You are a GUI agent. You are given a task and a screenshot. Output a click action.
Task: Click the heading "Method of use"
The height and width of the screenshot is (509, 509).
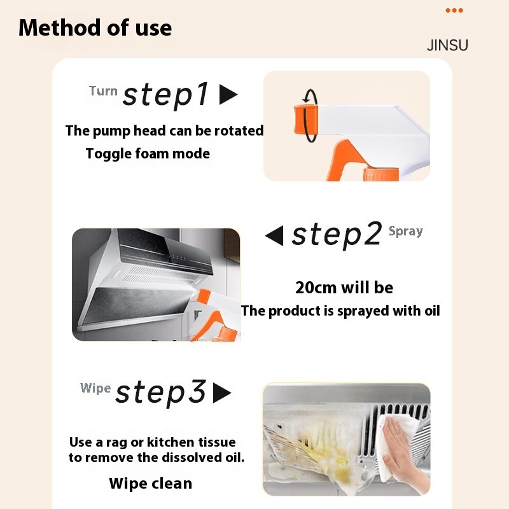pyautogui.click(x=95, y=28)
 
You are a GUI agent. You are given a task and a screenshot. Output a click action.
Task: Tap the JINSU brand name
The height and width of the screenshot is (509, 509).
pyautogui.click(x=447, y=46)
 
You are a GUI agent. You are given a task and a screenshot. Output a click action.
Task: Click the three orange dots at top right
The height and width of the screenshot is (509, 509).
pyautogui.click(x=454, y=11)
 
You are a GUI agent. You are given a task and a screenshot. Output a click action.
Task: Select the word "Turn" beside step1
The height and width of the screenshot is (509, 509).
pyautogui.click(x=103, y=91)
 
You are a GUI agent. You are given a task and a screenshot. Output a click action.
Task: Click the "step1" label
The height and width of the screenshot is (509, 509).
pyautogui.click(x=166, y=95)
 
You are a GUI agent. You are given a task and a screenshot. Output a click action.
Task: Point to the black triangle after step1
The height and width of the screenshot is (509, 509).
pyautogui.click(x=227, y=95)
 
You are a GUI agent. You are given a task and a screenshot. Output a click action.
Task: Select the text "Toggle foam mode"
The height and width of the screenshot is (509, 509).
pyautogui.click(x=148, y=153)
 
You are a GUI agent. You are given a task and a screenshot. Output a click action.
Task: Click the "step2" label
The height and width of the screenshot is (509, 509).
pyautogui.click(x=337, y=235)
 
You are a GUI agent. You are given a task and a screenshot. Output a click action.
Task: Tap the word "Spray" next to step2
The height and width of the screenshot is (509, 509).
pyautogui.click(x=405, y=231)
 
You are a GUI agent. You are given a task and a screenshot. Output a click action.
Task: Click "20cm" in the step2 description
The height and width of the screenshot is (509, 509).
pyautogui.click(x=316, y=288)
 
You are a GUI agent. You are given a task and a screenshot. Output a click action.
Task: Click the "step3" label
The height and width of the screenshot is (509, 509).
pyautogui.click(x=160, y=393)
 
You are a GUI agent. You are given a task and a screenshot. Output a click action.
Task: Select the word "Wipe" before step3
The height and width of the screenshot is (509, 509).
pyautogui.click(x=95, y=388)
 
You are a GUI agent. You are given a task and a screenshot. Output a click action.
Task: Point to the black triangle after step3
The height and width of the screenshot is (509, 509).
pyautogui.click(x=221, y=393)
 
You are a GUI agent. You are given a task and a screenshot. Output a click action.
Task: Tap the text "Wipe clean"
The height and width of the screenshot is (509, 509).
pyautogui.click(x=150, y=484)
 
